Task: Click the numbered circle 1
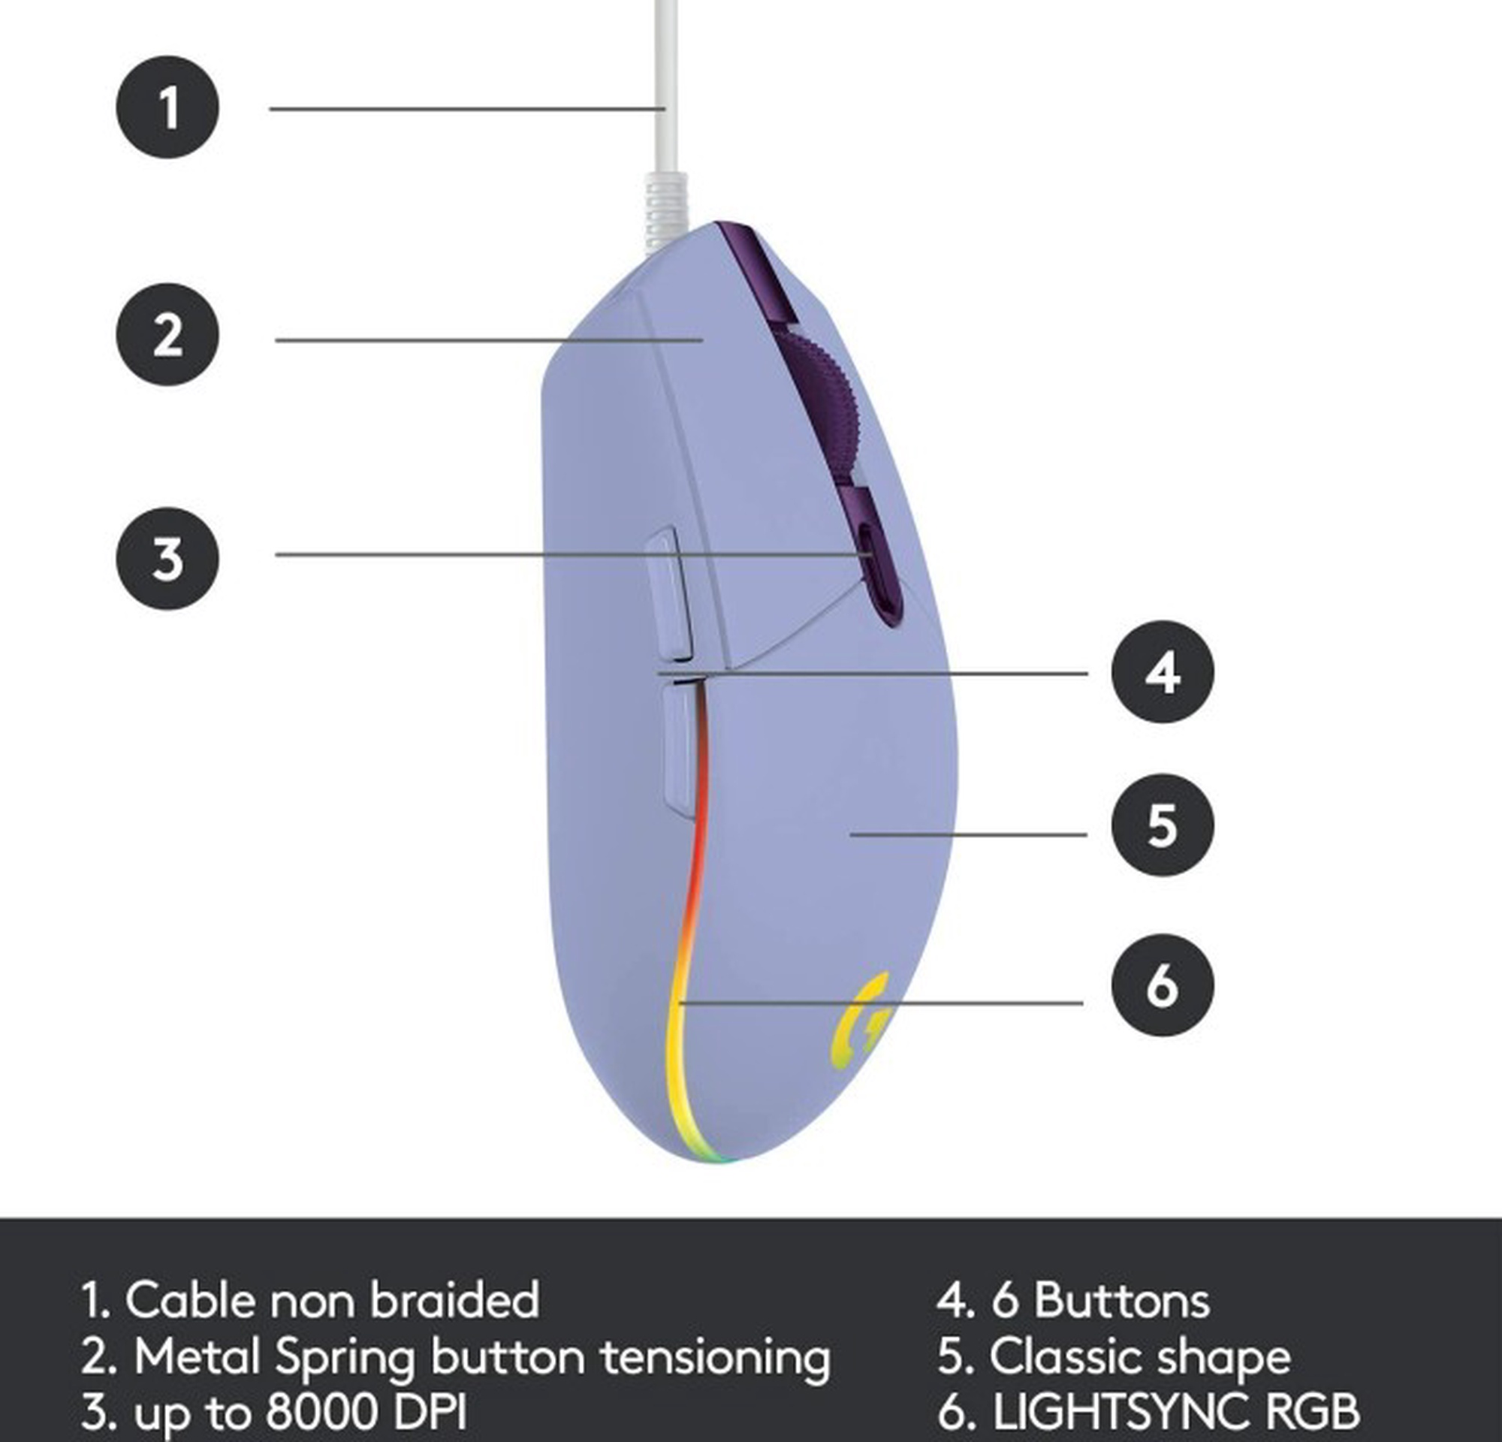(167, 107)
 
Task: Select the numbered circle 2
(167, 335)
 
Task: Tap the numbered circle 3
(167, 558)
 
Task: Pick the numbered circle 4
(1162, 672)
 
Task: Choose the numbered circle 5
(1162, 825)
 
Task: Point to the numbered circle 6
(1162, 985)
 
